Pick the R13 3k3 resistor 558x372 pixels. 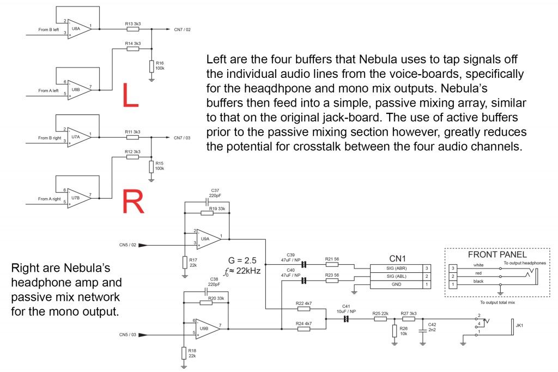coord(132,29)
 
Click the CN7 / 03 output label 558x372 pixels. coord(183,138)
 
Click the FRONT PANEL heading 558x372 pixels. coord(497,255)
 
